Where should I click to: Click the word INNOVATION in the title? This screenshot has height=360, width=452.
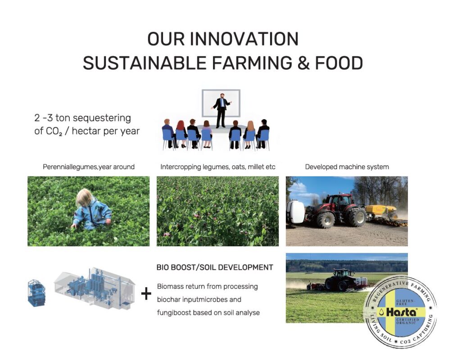pyautogui.click(x=244, y=39)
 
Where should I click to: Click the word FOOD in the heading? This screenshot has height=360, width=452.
pyautogui.click(x=339, y=63)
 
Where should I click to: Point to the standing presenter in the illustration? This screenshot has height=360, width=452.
pyautogui.click(x=221, y=110)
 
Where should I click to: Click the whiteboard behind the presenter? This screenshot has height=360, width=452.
pyautogui.click(x=221, y=103)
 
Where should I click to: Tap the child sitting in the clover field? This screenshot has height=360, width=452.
pyautogui.click(x=91, y=210)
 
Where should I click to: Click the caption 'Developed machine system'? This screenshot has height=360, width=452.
pyautogui.click(x=347, y=167)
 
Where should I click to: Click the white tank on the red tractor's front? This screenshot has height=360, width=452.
pyautogui.click(x=295, y=211)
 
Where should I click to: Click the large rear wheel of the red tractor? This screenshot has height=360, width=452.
pyautogui.click(x=357, y=217)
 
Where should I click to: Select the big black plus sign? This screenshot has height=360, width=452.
pyautogui.click(x=146, y=294)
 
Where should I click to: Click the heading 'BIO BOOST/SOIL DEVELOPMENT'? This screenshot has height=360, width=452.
pyautogui.click(x=215, y=267)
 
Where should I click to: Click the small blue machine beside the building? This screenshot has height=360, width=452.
pyautogui.click(x=36, y=293)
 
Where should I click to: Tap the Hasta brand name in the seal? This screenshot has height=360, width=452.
pyautogui.click(x=401, y=312)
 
